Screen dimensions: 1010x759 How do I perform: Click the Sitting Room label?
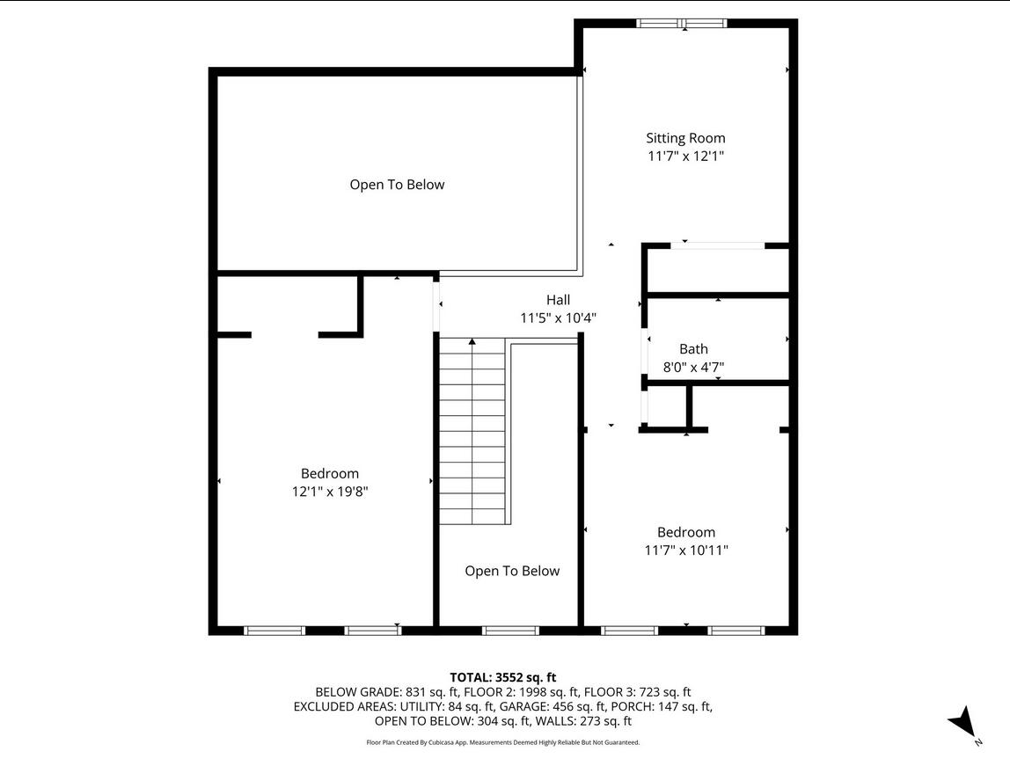[x=685, y=138]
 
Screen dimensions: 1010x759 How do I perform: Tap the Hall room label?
[x=558, y=299]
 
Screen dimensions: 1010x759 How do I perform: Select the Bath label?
[x=693, y=349]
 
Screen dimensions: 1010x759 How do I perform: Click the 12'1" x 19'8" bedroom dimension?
[x=330, y=492]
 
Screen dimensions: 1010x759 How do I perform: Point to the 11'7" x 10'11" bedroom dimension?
[x=686, y=551]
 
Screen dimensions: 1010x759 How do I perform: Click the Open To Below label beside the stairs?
[x=512, y=571]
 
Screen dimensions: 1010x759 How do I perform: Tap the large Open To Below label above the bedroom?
[x=397, y=185]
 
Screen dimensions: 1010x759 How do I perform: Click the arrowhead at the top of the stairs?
[x=472, y=342]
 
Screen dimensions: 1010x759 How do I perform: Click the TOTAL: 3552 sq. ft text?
[x=502, y=677]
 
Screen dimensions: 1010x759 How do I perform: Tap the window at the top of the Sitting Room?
[x=682, y=24]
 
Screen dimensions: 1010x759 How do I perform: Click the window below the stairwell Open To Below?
[x=509, y=631]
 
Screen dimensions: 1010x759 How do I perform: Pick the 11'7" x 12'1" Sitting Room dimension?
[x=686, y=156]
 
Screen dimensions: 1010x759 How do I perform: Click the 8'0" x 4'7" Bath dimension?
[x=694, y=368]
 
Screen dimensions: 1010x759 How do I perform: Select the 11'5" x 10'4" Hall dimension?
[x=559, y=318]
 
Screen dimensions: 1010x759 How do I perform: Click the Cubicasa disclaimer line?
[x=503, y=742]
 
